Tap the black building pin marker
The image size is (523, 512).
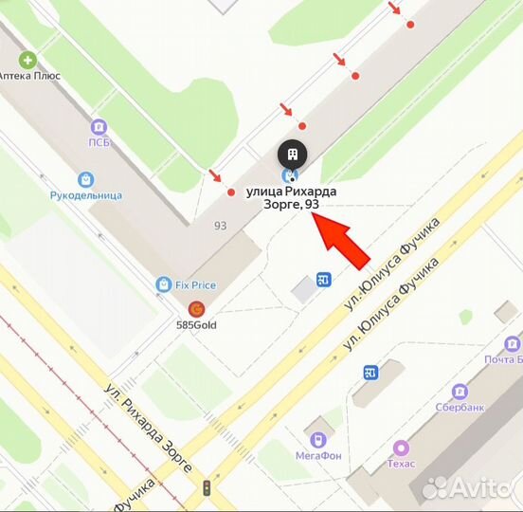[x=292, y=154]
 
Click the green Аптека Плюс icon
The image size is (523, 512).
[x=27, y=60]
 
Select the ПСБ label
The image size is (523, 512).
[x=99, y=142]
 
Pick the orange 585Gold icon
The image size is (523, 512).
[x=196, y=308]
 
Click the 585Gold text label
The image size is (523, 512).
[x=196, y=324]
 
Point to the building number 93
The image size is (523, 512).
[x=220, y=225]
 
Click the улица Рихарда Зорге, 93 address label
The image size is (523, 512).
[x=291, y=197]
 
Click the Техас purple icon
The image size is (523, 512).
[x=401, y=448]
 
